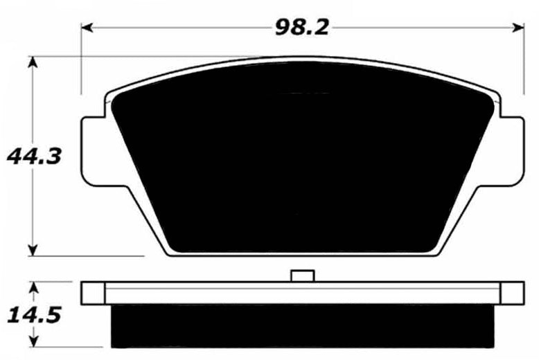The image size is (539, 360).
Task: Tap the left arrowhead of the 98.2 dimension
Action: coord(86,27)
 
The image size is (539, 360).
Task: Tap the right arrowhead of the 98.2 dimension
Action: coord(520,27)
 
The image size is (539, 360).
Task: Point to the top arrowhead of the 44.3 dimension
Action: coord(32,61)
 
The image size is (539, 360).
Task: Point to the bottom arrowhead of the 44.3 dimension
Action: coord(32,251)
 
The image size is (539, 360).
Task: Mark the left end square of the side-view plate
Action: coord(94,293)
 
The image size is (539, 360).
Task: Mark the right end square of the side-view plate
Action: coord(512,293)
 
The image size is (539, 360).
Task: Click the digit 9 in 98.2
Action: coord(282,27)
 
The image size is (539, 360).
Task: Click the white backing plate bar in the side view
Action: coord(303,293)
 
